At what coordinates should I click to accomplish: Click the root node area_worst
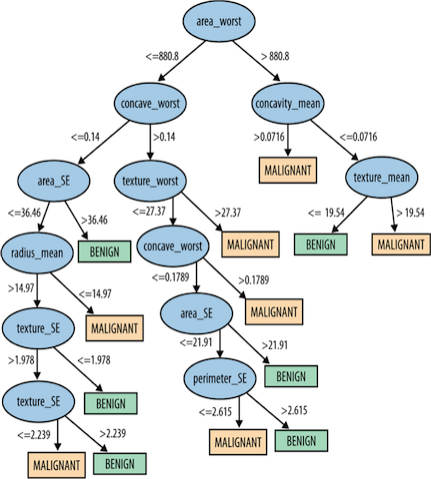(x=223, y=20)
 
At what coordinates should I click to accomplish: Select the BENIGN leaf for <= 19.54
(x=319, y=243)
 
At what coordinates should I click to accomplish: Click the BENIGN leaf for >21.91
(x=290, y=376)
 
